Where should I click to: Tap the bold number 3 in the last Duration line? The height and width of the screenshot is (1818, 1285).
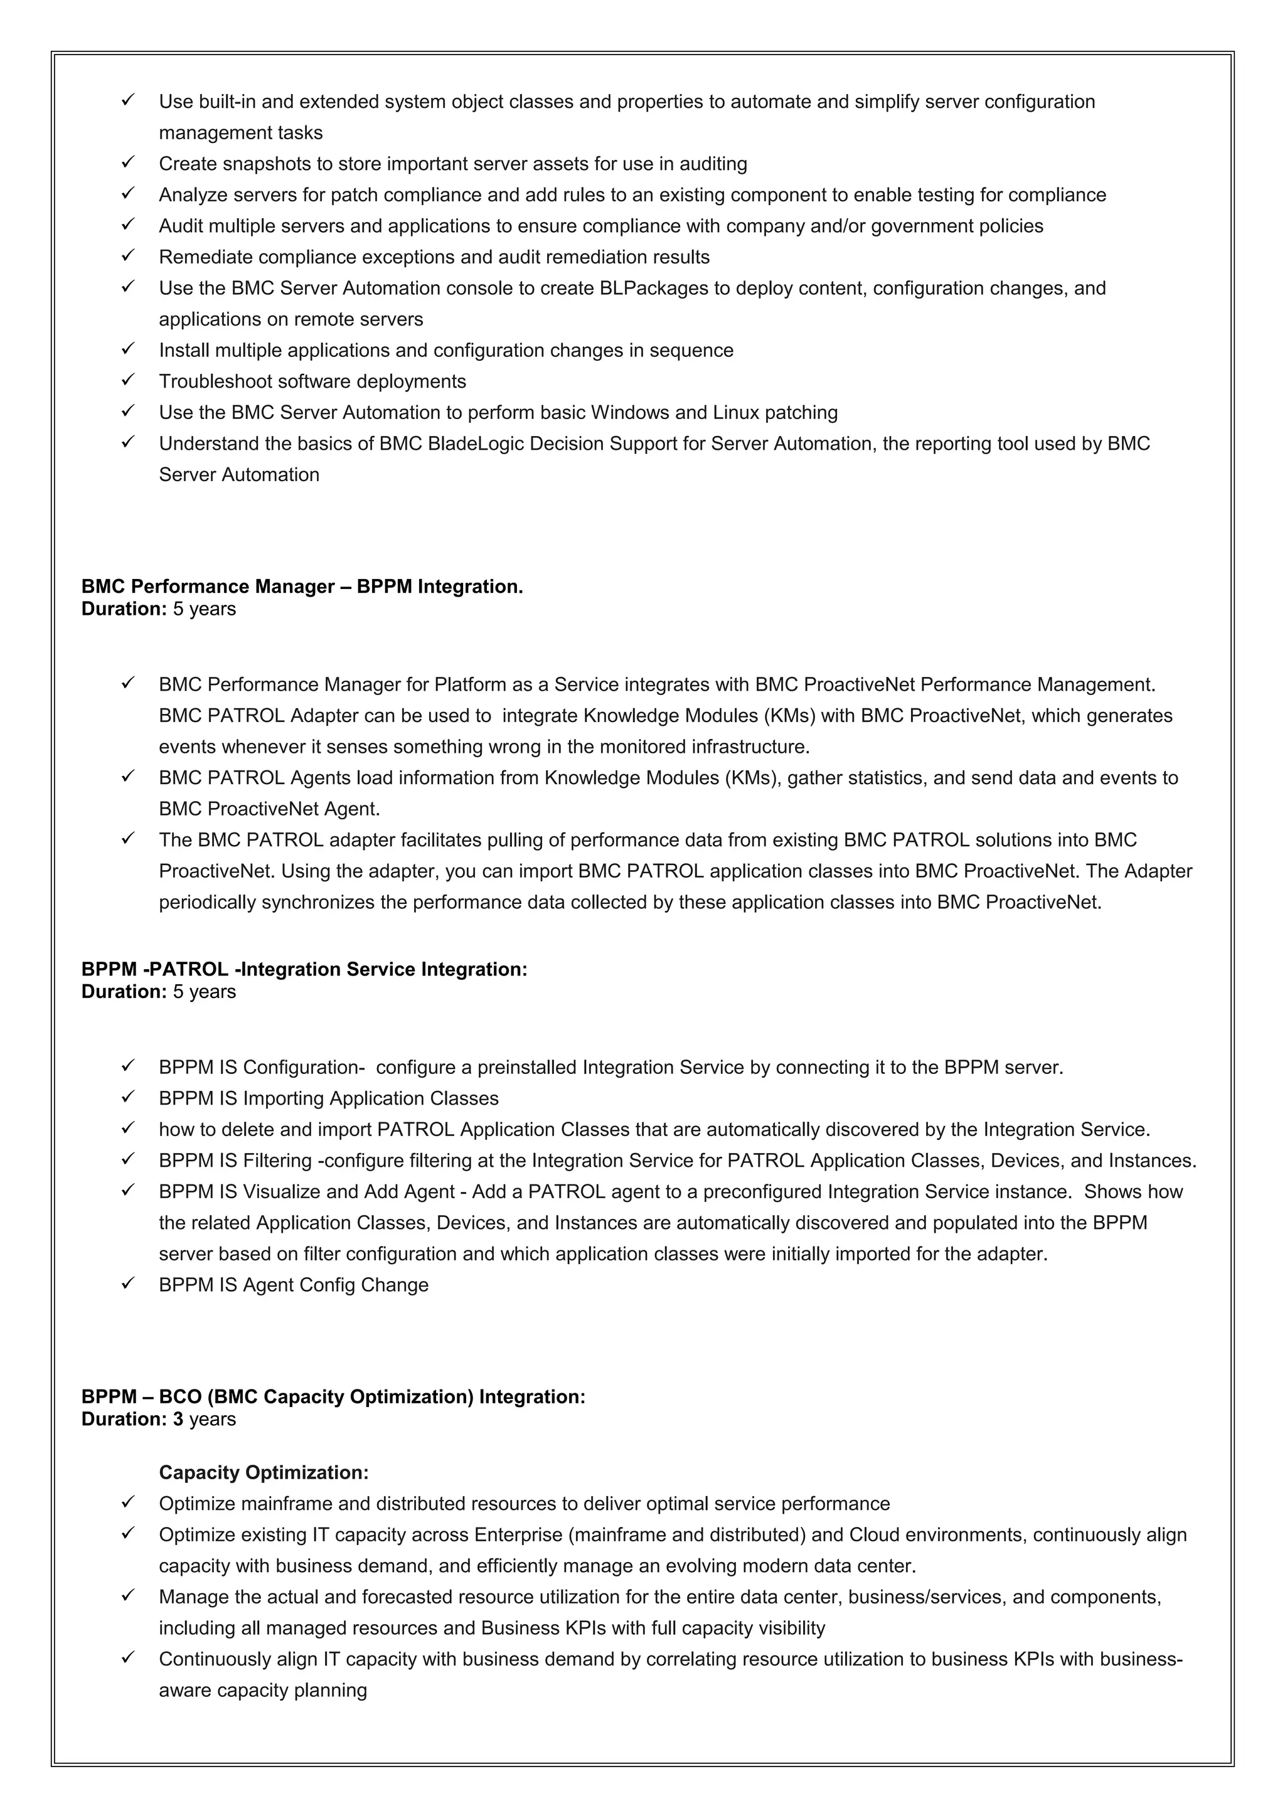tap(178, 1418)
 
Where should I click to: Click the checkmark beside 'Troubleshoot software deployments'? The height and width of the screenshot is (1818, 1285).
tap(128, 380)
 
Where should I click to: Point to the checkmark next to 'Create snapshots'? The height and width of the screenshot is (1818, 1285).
tap(128, 163)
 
